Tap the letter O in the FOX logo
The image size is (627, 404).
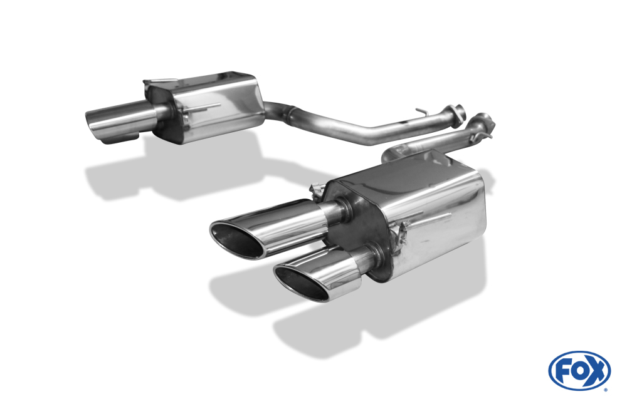[579, 371]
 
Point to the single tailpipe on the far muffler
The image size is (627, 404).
[120, 120]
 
